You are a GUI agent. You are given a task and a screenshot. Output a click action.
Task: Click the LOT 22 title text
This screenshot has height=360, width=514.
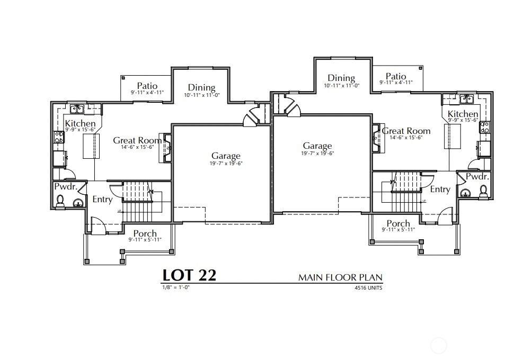(190, 275)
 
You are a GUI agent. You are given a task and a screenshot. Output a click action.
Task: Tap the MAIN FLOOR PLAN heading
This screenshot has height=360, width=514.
(340, 277)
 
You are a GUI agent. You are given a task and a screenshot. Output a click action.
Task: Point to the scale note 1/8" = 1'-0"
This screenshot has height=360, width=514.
(176, 287)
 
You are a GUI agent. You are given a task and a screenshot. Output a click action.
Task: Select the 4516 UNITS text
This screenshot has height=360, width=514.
(368, 288)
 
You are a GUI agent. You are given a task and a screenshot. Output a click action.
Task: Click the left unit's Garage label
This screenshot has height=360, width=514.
(226, 156)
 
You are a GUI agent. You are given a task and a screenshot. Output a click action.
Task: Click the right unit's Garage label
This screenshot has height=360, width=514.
(317, 146)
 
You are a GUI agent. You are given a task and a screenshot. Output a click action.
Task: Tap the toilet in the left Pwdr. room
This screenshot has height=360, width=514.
(60, 201)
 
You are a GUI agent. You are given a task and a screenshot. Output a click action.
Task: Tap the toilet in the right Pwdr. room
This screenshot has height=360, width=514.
(483, 191)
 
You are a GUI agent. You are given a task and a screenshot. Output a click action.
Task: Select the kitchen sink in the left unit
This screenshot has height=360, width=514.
(77, 109)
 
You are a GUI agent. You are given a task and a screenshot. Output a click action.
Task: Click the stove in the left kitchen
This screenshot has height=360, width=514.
(59, 137)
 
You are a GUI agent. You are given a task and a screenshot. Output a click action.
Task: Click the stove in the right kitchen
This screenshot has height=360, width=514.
(485, 127)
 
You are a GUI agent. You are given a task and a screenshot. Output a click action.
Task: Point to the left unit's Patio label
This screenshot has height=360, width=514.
(147, 86)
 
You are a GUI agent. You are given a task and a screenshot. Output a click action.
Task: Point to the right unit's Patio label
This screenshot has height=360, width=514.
(396, 76)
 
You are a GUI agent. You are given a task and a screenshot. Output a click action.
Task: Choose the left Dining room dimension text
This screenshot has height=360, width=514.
(201, 95)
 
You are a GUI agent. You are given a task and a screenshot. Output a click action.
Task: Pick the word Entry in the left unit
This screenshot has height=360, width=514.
(102, 199)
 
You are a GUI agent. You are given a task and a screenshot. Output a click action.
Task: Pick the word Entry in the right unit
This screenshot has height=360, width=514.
(440, 189)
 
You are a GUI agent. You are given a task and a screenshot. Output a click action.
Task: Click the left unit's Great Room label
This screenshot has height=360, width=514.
(138, 140)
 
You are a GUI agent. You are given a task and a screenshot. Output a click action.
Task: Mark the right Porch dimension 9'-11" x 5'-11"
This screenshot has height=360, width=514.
(398, 230)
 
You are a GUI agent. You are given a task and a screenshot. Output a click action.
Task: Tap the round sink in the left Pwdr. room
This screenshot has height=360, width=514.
(78, 203)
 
